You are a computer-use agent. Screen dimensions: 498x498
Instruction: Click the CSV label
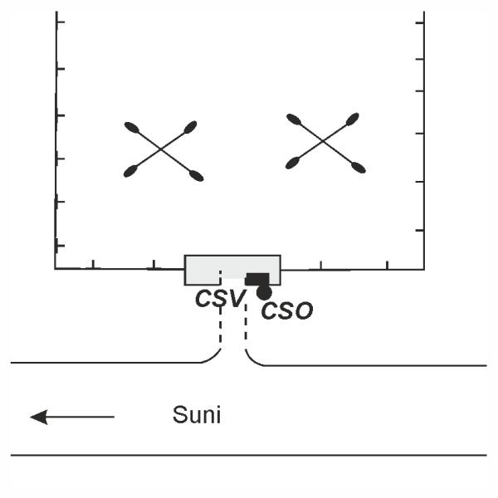(x=219, y=298)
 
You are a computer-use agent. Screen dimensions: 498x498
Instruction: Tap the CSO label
(x=286, y=311)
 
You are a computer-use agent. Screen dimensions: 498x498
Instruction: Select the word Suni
(x=197, y=415)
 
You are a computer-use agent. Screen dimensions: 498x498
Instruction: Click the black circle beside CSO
(x=264, y=292)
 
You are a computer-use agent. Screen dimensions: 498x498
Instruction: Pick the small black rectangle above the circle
(x=257, y=279)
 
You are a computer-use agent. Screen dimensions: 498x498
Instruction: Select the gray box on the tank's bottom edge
(x=232, y=269)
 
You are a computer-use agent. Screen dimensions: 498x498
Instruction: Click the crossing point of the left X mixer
(x=164, y=151)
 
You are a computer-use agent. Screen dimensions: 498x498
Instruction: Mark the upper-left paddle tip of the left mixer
(x=131, y=127)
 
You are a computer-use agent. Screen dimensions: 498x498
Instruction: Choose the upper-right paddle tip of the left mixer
(x=191, y=126)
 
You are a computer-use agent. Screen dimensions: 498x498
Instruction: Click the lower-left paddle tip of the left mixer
(x=130, y=172)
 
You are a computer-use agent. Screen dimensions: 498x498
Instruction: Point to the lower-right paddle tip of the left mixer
(x=197, y=176)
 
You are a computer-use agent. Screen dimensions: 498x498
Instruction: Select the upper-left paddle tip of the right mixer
(x=292, y=119)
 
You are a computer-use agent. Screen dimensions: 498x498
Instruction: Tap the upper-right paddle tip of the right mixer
(x=354, y=119)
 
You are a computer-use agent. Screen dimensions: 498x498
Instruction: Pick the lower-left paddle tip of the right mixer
(x=292, y=164)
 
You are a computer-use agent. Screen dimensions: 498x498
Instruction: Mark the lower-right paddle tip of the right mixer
(x=359, y=168)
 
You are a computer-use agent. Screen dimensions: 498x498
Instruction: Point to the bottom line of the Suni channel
(x=249, y=455)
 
